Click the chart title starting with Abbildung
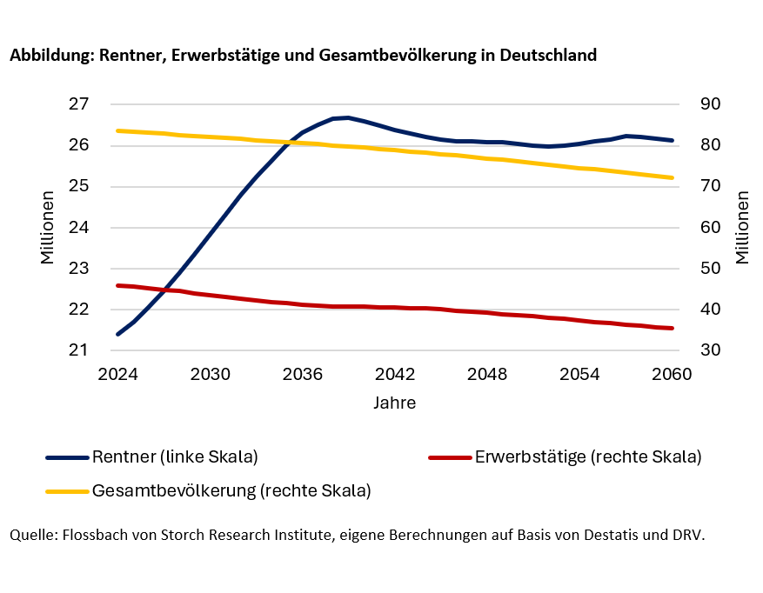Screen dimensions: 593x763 point(303,55)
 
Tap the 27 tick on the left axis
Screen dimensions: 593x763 point(79,104)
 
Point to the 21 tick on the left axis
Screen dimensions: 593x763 point(79,350)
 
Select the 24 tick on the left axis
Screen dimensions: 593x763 point(79,228)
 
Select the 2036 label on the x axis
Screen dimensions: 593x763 point(303,375)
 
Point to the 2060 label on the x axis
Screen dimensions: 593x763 point(672,375)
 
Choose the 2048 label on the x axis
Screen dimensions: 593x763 point(487,375)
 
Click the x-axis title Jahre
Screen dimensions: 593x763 point(394,403)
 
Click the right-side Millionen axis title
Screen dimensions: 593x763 point(741,228)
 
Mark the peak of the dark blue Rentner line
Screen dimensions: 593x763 point(347,117)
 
